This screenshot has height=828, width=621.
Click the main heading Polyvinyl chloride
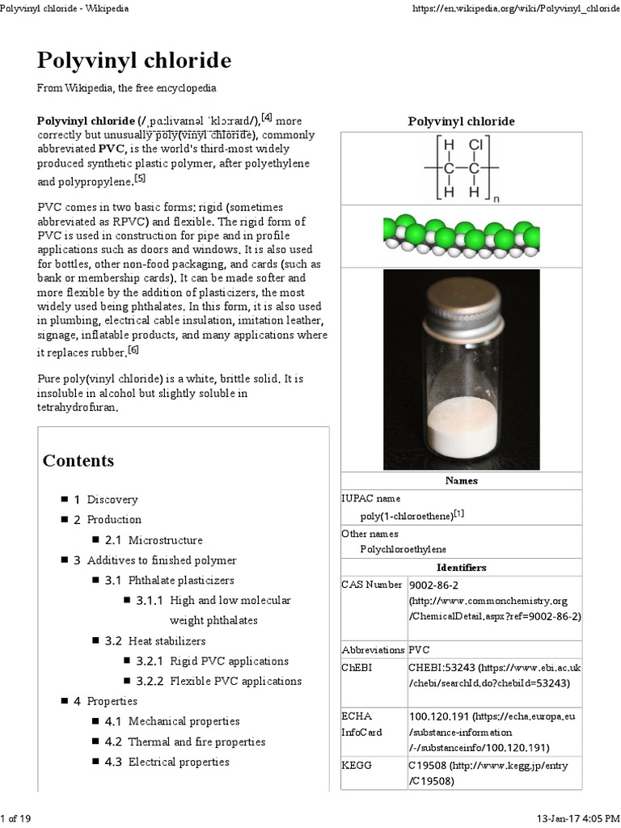tap(134, 61)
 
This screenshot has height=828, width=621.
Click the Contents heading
tap(78, 461)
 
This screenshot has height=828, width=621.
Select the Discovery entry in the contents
tap(112, 500)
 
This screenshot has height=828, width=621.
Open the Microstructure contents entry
tap(165, 540)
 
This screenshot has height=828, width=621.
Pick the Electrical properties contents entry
tap(179, 762)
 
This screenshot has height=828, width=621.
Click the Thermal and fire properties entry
tap(196, 741)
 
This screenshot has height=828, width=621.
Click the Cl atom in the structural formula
tap(475, 146)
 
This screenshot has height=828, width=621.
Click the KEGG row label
tap(357, 765)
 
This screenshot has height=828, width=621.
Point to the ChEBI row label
tap(358, 667)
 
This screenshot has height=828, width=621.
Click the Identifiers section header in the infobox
tap(461, 568)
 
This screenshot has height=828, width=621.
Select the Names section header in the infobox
tap(461, 480)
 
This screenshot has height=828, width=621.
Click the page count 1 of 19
tap(16, 818)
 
